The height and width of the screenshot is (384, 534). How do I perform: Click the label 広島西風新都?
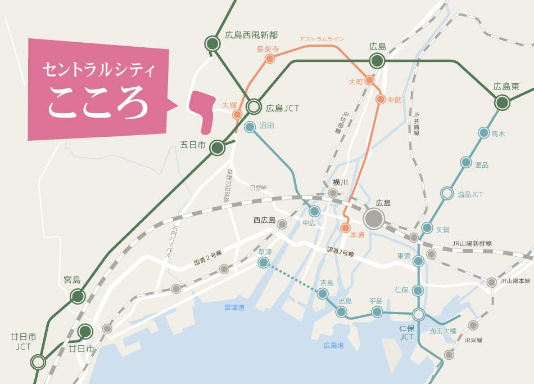point(251,35)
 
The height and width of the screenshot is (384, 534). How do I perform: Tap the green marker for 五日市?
point(217,148)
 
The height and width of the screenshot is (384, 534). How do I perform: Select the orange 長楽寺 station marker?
point(270,59)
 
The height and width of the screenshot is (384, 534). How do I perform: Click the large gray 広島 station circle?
point(374,218)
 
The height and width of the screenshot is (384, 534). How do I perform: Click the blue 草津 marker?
point(263,262)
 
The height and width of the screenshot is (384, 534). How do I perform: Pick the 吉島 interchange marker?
point(323,293)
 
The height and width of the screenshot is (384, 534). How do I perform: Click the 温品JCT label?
point(470,194)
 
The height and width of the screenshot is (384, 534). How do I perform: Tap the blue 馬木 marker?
point(483,133)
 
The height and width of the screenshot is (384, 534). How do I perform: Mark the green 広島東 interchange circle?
point(501,102)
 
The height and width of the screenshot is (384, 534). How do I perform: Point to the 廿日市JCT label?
point(22,341)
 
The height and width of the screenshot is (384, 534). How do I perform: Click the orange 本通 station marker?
point(345,228)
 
